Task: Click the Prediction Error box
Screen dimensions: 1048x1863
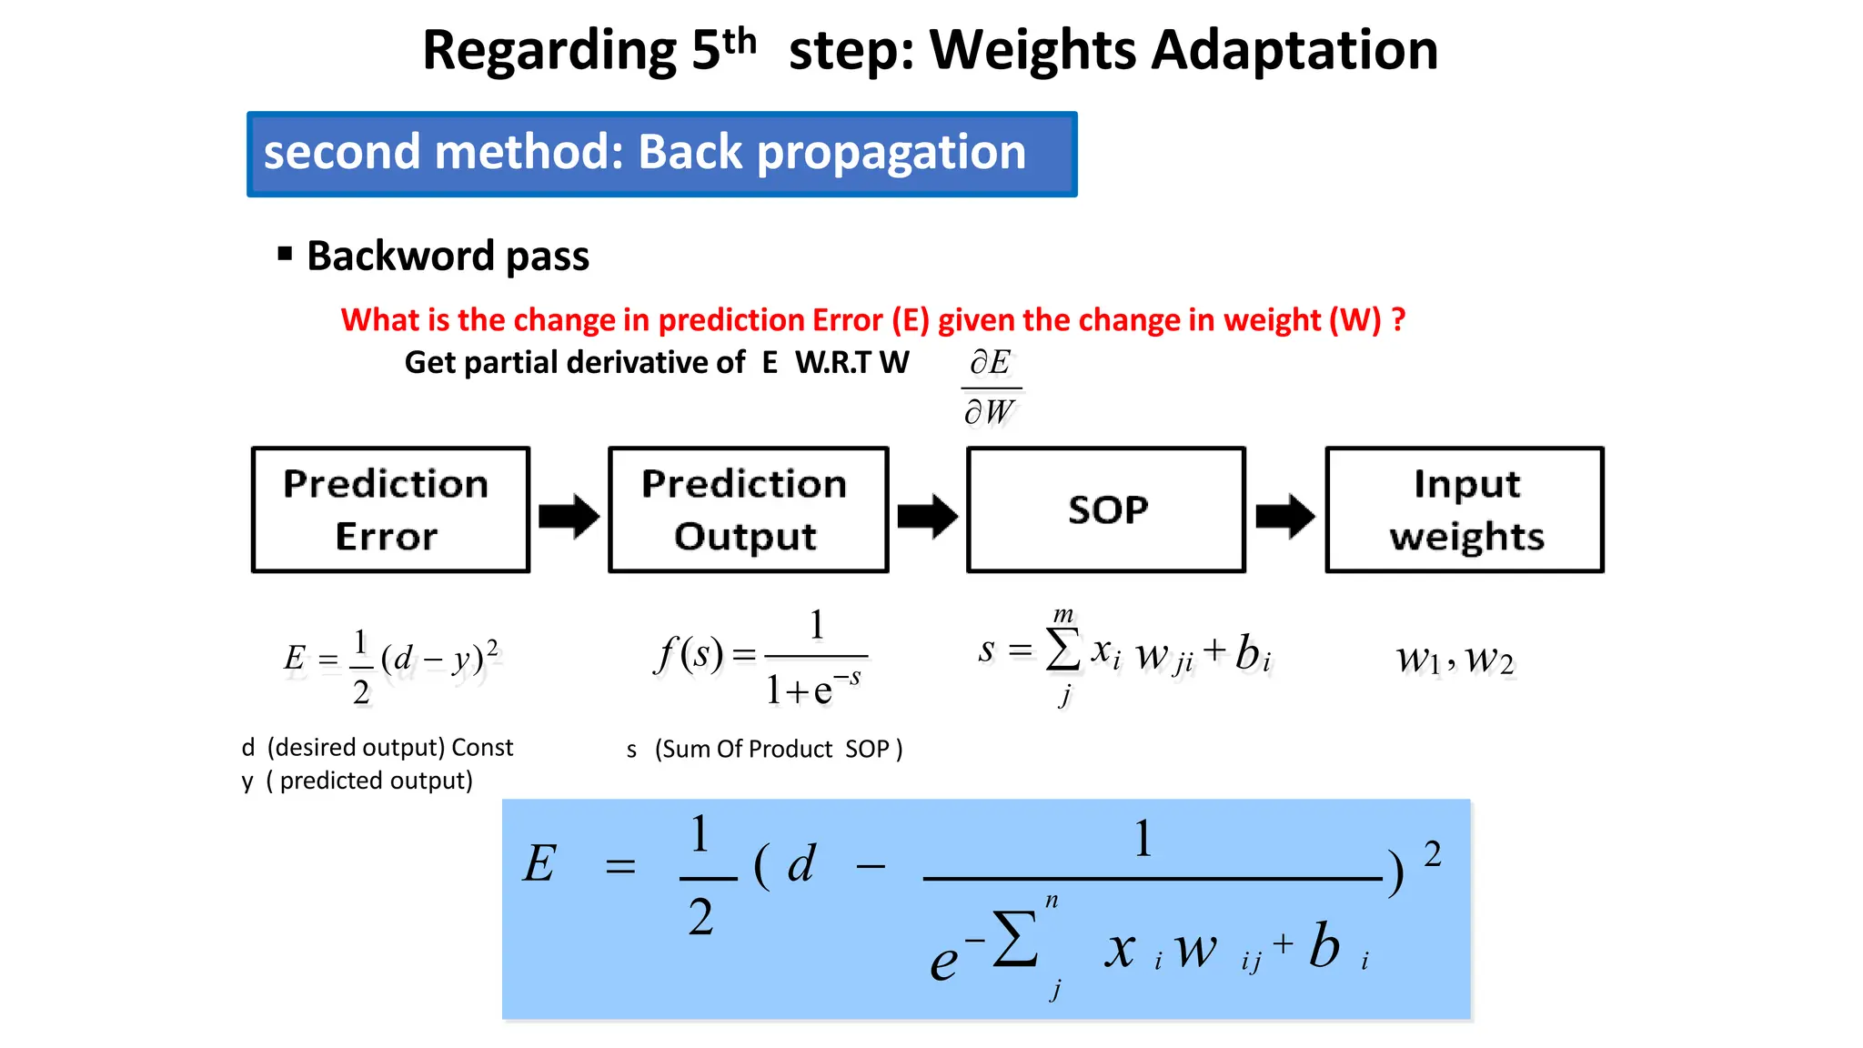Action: [390, 509]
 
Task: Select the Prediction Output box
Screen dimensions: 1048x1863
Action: [748, 509]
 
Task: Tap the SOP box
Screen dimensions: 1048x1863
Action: [1106, 509]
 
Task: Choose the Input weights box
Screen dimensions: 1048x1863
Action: [1465, 509]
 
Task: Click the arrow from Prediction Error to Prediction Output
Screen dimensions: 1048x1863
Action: [569, 516]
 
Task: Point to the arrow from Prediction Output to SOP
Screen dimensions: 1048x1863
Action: [927, 516]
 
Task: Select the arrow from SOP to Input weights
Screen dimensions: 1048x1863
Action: [1284, 516]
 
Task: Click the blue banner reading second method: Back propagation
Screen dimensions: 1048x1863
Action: [661, 154]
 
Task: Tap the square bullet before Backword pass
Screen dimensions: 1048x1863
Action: [285, 254]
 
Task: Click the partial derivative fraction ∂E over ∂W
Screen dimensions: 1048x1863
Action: [991, 388]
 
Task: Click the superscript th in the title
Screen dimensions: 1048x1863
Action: [739, 40]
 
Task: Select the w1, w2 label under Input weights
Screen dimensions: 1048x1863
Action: [1455, 659]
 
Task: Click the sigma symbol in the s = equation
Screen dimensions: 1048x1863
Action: [1063, 650]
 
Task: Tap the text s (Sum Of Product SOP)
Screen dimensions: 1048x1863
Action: [764, 749]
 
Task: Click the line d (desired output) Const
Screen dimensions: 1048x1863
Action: [377, 748]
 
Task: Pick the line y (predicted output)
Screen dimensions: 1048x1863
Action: [357, 781]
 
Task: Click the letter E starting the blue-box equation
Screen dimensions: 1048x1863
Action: [539, 863]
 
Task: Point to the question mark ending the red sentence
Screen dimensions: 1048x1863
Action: [1398, 319]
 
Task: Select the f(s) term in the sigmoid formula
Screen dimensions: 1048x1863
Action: [689, 654]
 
